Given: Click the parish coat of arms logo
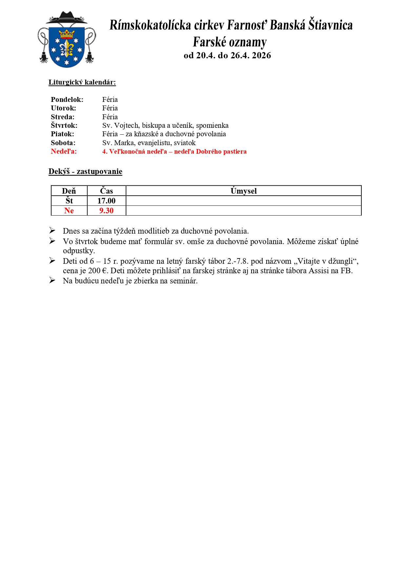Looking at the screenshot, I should point(67,40).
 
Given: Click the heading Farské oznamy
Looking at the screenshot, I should point(230,42).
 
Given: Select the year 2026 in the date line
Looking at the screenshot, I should point(261,55).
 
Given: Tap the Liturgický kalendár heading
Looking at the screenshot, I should point(82,82).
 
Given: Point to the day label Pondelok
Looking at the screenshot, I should point(67,100).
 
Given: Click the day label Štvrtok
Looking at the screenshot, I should point(64,125).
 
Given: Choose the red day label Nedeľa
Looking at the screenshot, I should point(64,151).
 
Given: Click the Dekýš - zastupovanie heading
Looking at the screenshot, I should point(85,171).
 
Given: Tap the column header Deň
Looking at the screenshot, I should point(69,191).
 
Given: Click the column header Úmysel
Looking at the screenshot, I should point(243,191).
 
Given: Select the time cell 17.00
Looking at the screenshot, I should point(106,201).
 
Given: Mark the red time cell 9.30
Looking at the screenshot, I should point(106,211).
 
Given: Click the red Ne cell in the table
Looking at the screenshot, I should point(69,211).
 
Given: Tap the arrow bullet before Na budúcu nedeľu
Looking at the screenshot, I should point(52,280).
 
